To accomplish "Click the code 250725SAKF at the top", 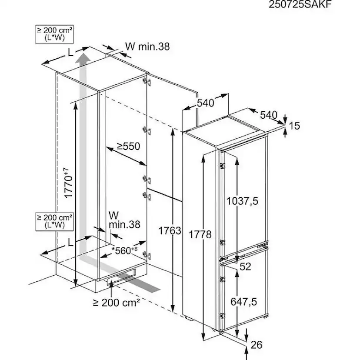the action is point(300,4).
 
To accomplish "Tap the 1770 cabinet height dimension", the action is point(69,183).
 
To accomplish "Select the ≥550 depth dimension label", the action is point(128,146).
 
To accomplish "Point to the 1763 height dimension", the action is point(170,231).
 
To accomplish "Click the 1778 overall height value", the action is point(200,235).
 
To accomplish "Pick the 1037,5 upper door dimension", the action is point(242,201).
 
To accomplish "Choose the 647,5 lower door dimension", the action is point(243,301).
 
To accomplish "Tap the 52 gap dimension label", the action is point(245,267).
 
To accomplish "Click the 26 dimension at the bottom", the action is point(256,345).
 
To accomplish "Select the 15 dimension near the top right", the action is point(294,126).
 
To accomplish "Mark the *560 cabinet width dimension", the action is point(124,250).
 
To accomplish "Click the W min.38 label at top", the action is point(147,47).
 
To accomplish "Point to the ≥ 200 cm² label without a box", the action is point(117,303).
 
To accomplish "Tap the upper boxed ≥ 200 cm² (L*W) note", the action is point(55,34).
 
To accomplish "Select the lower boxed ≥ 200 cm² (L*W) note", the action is point(55,221).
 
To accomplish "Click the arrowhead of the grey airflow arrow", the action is point(83,57).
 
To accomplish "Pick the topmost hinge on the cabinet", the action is point(147,81).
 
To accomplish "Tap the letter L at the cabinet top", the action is point(70,53).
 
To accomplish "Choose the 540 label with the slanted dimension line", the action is point(269,115).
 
